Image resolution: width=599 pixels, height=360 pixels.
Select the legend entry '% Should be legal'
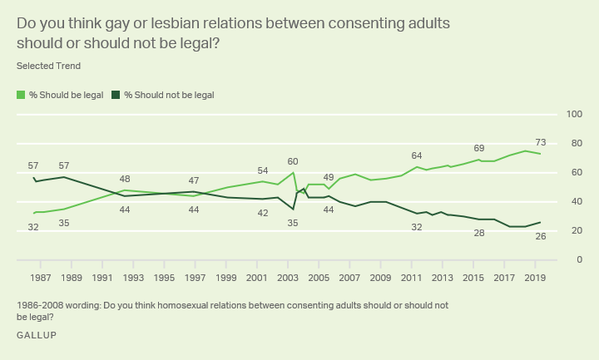click(x=66, y=95)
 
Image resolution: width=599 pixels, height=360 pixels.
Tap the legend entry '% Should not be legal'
click(x=169, y=95)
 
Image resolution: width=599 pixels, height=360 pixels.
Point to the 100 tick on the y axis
click(x=573, y=114)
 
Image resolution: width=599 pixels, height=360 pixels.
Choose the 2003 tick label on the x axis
click(x=288, y=277)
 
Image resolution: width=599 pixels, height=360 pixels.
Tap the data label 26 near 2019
click(x=539, y=237)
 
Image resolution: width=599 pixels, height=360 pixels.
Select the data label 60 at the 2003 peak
click(x=293, y=161)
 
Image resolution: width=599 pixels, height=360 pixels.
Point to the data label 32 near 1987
click(x=33, y=227)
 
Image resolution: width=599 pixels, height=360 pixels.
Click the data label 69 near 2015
click(x=478, y=149)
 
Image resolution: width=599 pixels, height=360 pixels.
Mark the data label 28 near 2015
click(x=478, y=234)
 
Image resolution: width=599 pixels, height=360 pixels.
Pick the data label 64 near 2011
click(x=417, y=155)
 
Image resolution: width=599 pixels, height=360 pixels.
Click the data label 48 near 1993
click(x=125, y=179)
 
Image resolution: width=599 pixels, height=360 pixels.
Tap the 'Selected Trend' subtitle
click(x=48, y=65)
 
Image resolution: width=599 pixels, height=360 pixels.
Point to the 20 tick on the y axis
click(x=576, y=230)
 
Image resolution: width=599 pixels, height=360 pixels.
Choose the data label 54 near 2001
click(x=262, y=170)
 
